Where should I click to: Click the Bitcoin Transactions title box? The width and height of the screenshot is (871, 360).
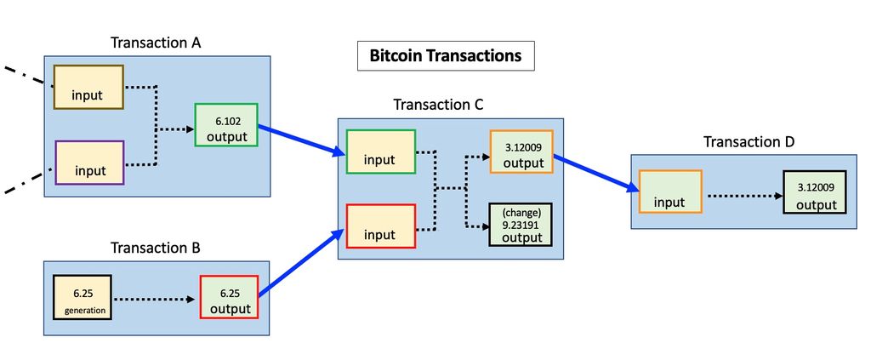pyautogui.click(x=445, y=56)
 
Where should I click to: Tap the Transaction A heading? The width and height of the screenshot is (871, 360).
pyautogui.click(x=157, y=43)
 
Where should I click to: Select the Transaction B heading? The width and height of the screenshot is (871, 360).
pyautogui.click(x=156, y=249)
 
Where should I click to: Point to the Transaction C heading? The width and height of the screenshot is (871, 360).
pyautogui.click(x=438, y=105)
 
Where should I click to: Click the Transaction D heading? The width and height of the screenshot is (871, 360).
pyautogui.click(x=749, y=141)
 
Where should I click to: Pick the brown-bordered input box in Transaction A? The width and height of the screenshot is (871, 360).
pyautogui.click(x=88, y=86)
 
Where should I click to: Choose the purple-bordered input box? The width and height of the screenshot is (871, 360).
pyautogui.click(x=89, y=163)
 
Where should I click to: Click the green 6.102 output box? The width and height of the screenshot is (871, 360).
pyautogui.click(x=226, y=125)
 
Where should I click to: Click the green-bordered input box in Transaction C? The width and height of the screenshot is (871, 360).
pyautogui.click(x=380, y=151)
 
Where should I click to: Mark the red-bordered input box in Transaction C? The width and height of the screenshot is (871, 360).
pyautogui.click(x=380, y=226)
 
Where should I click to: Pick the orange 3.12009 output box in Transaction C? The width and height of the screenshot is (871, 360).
pyautogui.click(x=521, y=152)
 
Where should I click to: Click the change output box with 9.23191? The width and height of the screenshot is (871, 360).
pyautogui.click(x=521, y=225)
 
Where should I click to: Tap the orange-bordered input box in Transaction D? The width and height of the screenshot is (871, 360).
pyautogui.click(x=669, y=192)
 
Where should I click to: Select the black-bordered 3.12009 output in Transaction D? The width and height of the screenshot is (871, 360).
pyautogui.click(x=816, y=192)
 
